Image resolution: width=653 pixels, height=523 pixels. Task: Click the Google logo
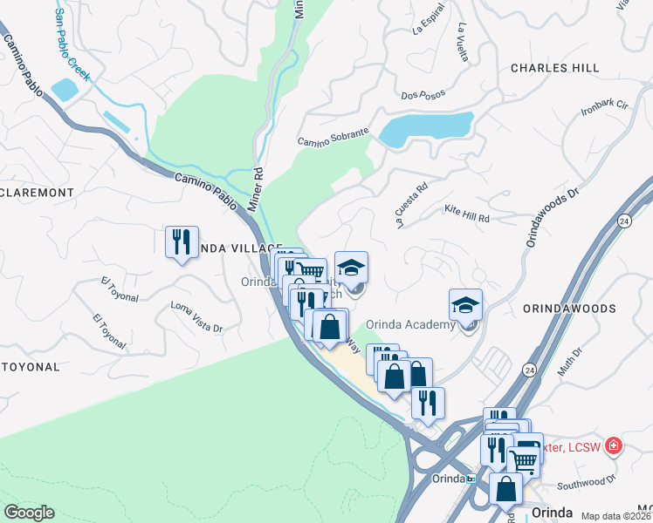click(x=29, y=513)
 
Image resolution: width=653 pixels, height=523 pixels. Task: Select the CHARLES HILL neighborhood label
click(x=554, y=68)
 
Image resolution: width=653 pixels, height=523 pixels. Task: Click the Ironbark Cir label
click(x=604, y=109)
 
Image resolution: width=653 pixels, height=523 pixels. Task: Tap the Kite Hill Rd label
click(x=467, y=210)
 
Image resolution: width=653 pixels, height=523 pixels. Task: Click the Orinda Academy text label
click(x=410, y=325)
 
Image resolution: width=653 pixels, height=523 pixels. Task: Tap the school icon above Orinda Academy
click(x=466, y=306)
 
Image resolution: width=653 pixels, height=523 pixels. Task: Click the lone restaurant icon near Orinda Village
click(x=182, y=241)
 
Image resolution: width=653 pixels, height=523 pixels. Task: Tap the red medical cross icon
click(x=614, y=446)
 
